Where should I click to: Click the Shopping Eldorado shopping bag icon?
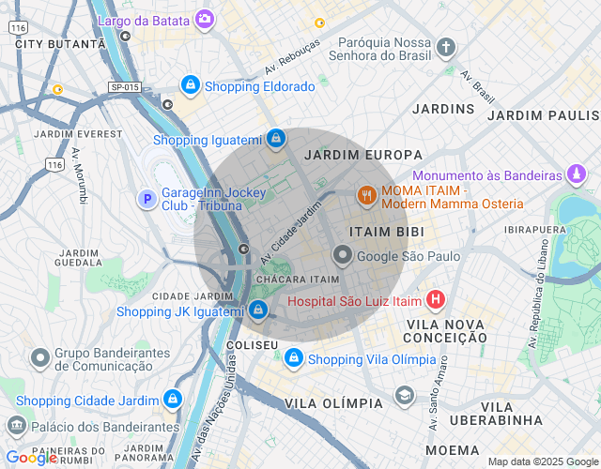pos(191,85)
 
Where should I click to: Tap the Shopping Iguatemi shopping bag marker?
pos(274,140)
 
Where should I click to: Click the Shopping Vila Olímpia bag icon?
pos(295,358)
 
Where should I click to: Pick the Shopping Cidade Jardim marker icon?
pos(171,400)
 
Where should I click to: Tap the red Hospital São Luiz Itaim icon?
pos(436,300)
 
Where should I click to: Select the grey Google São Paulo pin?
pos(343,255)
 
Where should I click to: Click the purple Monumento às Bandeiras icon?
pos(578,174)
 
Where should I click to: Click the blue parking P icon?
pos(146,199)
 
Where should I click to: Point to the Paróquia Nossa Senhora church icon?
pos(446,47)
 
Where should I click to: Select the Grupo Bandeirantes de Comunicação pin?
pos(39,357)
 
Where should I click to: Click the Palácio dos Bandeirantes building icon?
pos(16,427)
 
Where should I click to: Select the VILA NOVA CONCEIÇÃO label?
pos(445,331)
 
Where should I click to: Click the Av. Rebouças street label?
pos(292,56)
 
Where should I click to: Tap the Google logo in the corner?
pos(31,458)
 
